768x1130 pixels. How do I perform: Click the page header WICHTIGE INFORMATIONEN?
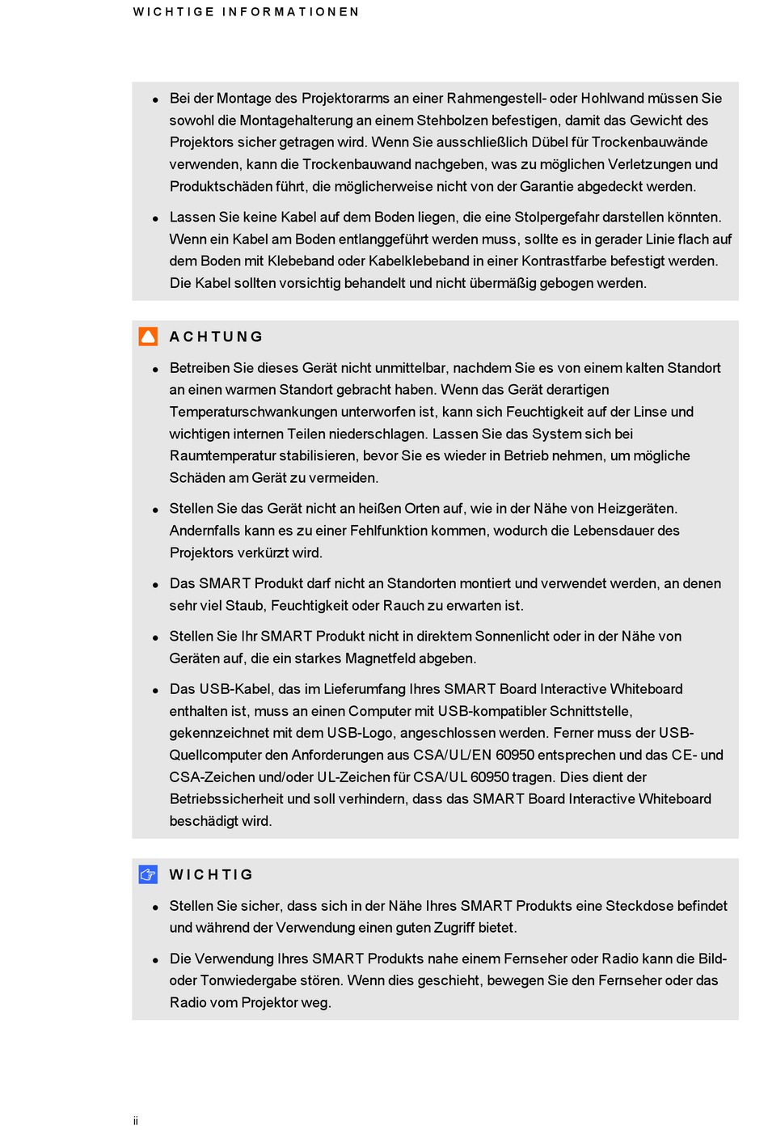click(246, 12)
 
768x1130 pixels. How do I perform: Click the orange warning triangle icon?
click(148, 336)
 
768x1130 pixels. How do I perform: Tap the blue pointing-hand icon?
click(148, 874)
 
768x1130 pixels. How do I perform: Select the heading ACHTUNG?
click(216, 336)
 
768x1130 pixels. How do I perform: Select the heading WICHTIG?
click(211, 874)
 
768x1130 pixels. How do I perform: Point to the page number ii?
click(136, 1120)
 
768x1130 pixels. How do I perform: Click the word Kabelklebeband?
click(419, 261)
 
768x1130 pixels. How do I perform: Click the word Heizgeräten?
click(637, 509)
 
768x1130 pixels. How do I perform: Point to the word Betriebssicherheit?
click(226, 799)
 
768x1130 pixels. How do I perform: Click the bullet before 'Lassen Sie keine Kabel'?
click(155, 218)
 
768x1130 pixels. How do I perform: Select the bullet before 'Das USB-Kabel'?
click(155, 691)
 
